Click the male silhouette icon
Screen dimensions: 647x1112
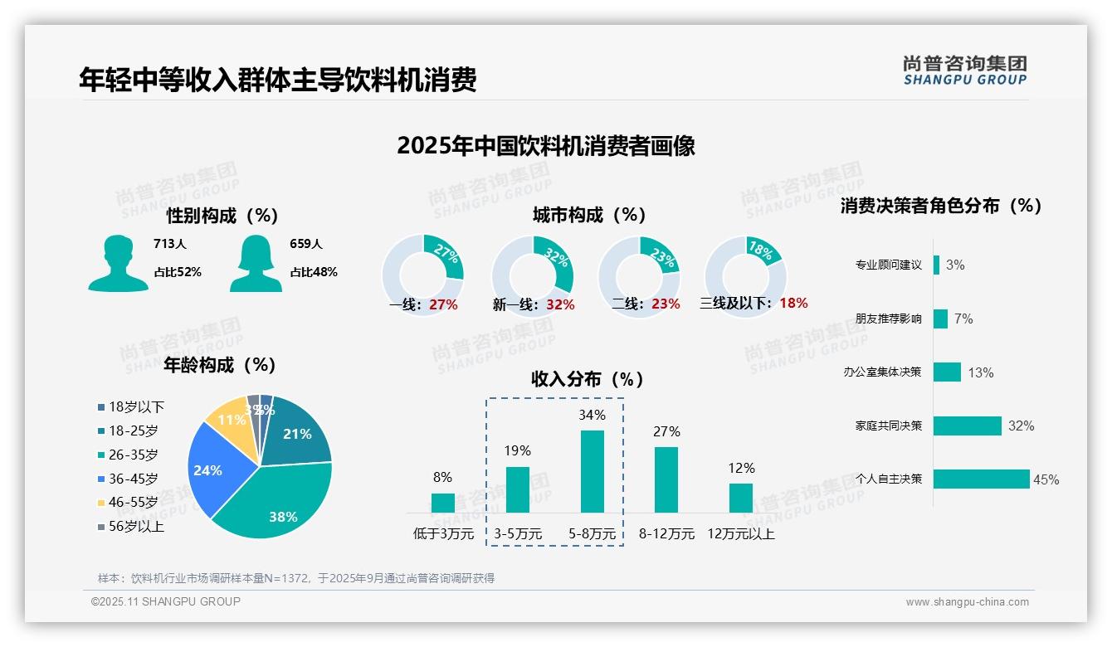(x=118, y=263)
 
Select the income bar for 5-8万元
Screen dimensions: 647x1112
(x=592, y=471)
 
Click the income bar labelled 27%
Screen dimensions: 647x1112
(x=666, y=479)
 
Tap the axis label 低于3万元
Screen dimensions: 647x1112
(x=442, y=533)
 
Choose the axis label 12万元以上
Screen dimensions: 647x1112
(x=740, y=533)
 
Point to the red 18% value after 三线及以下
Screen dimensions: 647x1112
(x=793, y=303)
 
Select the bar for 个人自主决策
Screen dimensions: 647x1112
(x=981, y=479)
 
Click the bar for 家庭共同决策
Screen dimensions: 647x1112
(x=967, y=426)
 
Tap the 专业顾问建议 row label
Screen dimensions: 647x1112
(x=888, y=265)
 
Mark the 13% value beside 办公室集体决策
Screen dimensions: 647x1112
(x=980, y=372)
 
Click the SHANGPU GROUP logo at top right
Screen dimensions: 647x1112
(x=964, y=70)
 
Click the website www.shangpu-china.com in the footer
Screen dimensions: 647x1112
(x=967, y=602)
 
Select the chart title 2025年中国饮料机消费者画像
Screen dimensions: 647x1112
(x=545, y=146)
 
